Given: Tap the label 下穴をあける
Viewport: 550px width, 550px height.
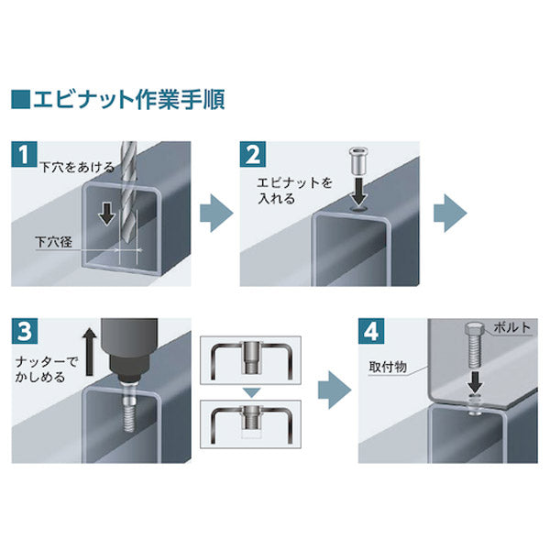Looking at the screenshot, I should tap(78, 170).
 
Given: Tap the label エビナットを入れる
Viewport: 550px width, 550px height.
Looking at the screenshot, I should tap(288, 189).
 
